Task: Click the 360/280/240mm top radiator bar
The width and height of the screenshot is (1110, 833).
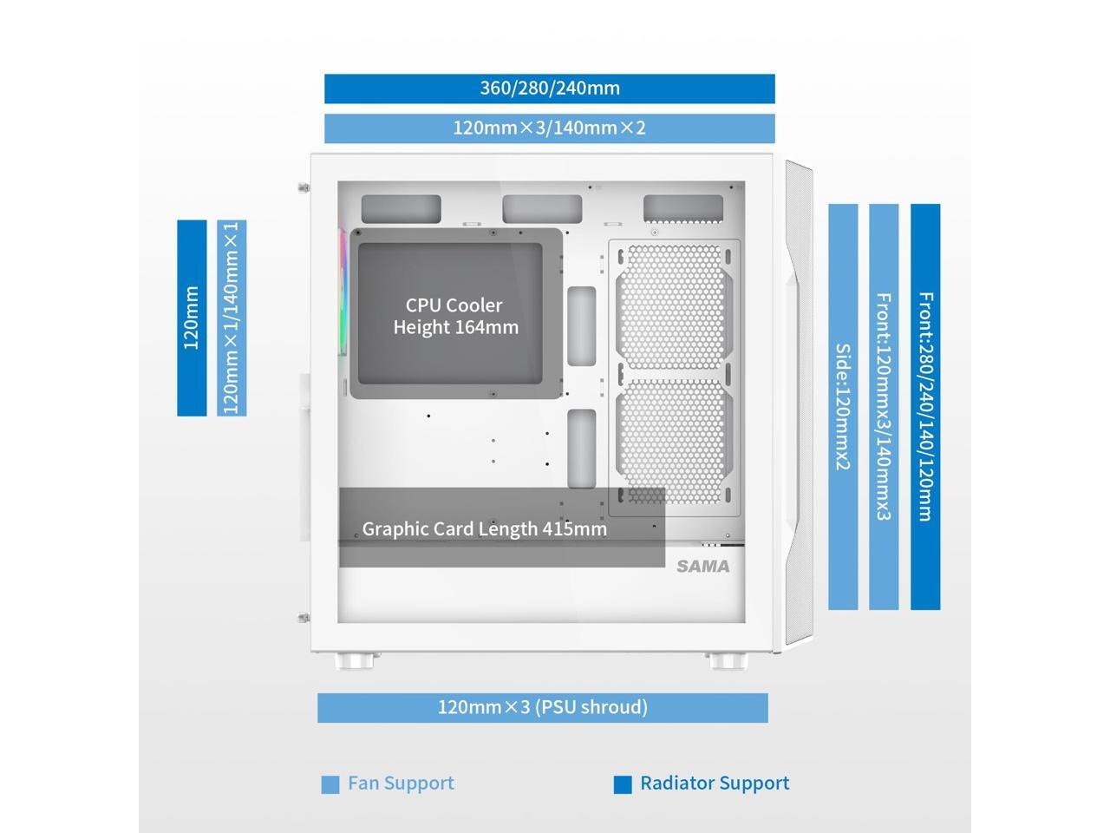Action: click(x=549, y=89)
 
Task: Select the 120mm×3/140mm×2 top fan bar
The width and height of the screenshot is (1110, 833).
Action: click(x=549, y=128)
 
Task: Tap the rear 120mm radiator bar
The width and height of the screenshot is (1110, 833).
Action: click(x=192, y=318)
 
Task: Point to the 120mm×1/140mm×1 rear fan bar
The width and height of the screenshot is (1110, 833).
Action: click(x=232, y=318)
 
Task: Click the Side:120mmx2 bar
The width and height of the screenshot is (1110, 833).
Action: click(x=843, y=406)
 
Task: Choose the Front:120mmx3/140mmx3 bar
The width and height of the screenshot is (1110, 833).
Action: click(x=884, y=406)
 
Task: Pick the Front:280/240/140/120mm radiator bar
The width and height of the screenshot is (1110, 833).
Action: click(x=925, y=406)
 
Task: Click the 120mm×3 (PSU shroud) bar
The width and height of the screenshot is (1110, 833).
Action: click(x=542, y=707)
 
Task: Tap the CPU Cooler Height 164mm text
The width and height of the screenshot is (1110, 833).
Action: click(x=455, y=316)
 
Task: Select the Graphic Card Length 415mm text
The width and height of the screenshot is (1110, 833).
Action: click(x=484, y=528)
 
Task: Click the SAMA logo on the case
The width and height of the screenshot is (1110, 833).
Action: click(x=703, y=567)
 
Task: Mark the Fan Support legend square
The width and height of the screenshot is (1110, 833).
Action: click(x=330, y=784)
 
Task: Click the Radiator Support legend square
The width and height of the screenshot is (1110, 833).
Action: click(x=623, y=784)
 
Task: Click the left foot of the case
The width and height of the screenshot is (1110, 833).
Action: click(x=357, y=661)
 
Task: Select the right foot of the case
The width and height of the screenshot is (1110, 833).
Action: click(x=726, y=661)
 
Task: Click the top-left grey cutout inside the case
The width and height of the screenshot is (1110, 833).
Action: click(x=401, y=209)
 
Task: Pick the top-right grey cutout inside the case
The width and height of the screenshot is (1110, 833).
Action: click(x=683, y=208)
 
